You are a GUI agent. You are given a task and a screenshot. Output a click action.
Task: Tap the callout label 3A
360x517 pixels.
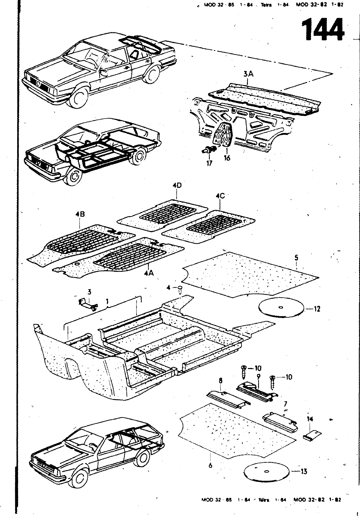pyautogui.click(x=248, y=74)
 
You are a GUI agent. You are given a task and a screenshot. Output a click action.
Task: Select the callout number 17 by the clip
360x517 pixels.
pyautogui.click(x=210, y=164)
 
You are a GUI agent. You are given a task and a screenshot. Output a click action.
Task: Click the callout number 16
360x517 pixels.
pyautogui.click(x=227, y=158)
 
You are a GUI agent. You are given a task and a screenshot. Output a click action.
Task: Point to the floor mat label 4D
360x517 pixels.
pyautogui.click(x=177, y=186)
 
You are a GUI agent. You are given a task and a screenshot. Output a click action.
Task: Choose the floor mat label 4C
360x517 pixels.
pyautogui.click(x=220, y=196)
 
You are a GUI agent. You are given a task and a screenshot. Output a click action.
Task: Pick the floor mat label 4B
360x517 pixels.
pyautogui.click(x=79, y=214)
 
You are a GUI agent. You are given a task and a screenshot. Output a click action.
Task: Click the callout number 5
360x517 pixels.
pyautogui.click(x=296, y=258)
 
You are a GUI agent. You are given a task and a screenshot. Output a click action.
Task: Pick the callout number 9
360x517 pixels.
pyautogui.click(x=259, y=376)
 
